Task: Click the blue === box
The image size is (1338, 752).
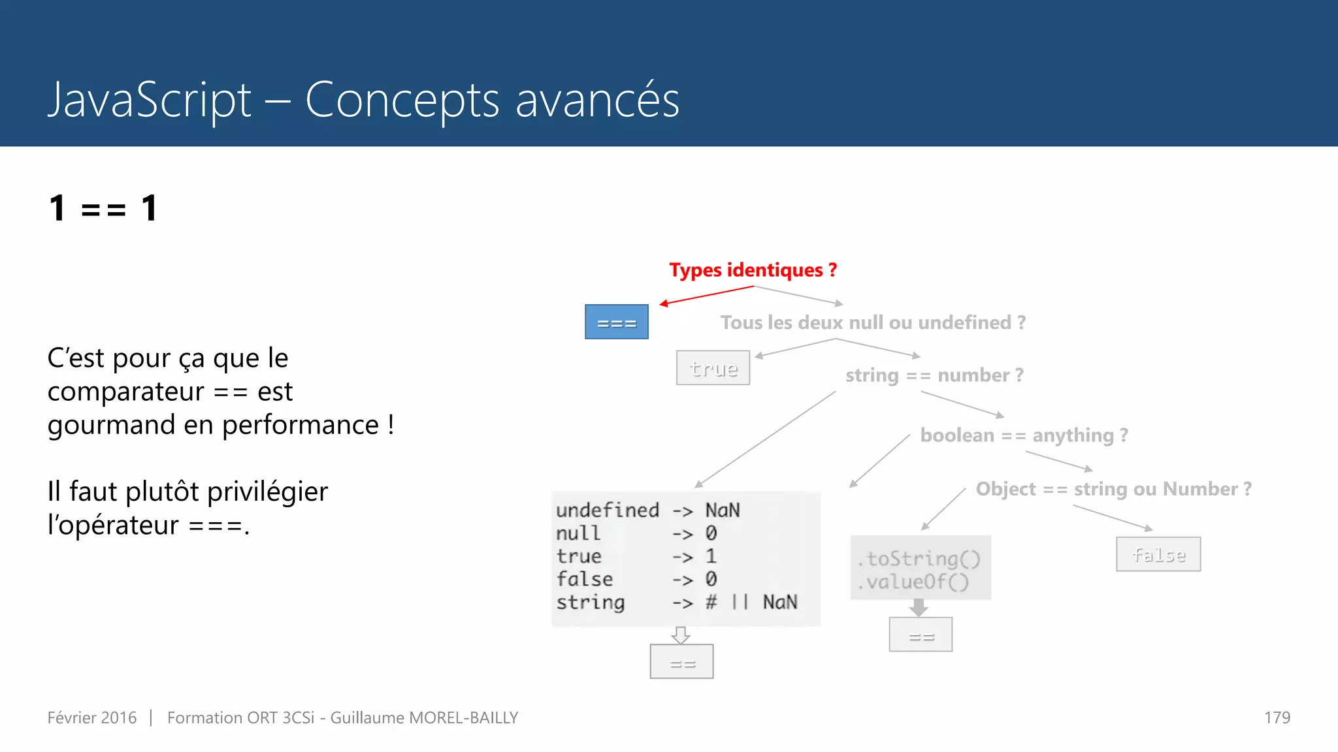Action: [x=616, y=322]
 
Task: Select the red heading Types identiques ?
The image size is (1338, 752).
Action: [x=753, y=270]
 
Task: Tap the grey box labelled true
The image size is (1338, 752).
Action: [x=713, y=368]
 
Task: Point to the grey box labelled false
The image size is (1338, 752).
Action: [x=1158, y=554]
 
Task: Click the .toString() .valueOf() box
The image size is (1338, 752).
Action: [x=920, y=569]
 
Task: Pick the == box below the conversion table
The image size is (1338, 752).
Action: [x=681, y=662]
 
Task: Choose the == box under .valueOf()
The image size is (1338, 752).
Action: [x=920, y=634]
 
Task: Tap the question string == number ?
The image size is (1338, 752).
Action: [x=934, y=375]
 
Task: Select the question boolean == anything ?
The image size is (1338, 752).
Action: [x=1024, y=435]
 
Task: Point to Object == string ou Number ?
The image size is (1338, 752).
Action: [x=1113, y=489]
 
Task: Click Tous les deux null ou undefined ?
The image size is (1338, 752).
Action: [x=873, y=322]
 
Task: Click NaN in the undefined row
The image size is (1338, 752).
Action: [x=723, y=510]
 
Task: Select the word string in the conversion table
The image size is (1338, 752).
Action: [x=591, y=603]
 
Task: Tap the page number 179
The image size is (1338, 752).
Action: [x=1277, y=718]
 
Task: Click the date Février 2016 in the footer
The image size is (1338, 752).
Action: [x=92, y=718]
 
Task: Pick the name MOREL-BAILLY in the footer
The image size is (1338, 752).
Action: [x=463, y=718]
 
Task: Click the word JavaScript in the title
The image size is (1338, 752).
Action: [x=150, y=101]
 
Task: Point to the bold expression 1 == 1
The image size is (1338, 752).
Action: [x=103, y=208]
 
